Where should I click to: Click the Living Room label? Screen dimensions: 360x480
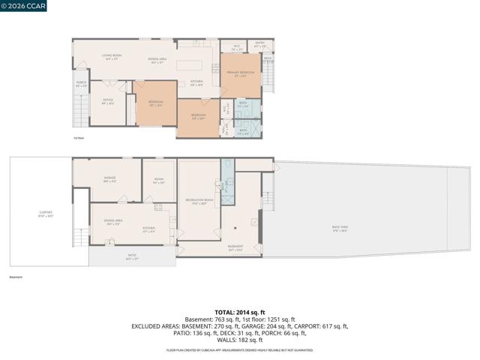pos(112,57)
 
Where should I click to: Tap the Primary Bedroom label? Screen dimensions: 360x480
pos(241,73)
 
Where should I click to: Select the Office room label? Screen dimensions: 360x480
pos(108,101)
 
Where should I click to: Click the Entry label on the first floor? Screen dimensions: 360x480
pos(260,46)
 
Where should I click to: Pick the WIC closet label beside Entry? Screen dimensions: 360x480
pos(236,47)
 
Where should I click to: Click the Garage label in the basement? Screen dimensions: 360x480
pos(109,179)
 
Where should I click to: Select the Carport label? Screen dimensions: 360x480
pos(46,214)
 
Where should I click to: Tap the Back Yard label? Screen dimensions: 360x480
pos(340,228)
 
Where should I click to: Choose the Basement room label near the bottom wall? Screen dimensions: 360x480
pos(235,247)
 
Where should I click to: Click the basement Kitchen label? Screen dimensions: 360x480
pos(148,229)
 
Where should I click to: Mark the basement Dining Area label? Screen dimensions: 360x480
pos(113,221)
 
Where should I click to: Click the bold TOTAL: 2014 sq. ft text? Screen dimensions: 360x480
pos(240,312)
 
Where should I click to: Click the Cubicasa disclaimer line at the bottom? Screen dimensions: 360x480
pos(240,349)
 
